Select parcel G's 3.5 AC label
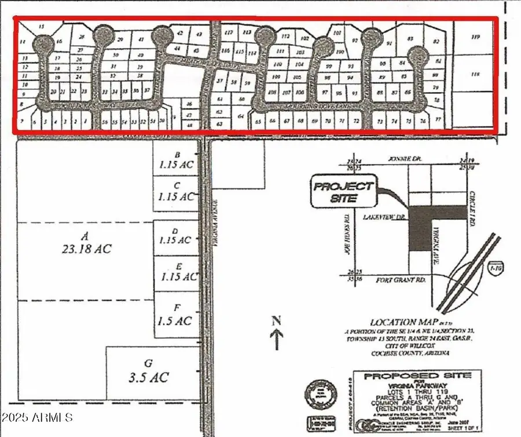pos(148,371)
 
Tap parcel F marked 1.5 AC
pos(175,314)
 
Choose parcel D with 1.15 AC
pos(176,235)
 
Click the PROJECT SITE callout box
pos(343,191)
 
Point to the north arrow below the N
pos(277,338)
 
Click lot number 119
pos(476,38)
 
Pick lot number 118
pos(476,75)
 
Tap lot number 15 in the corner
pos(41,27)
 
